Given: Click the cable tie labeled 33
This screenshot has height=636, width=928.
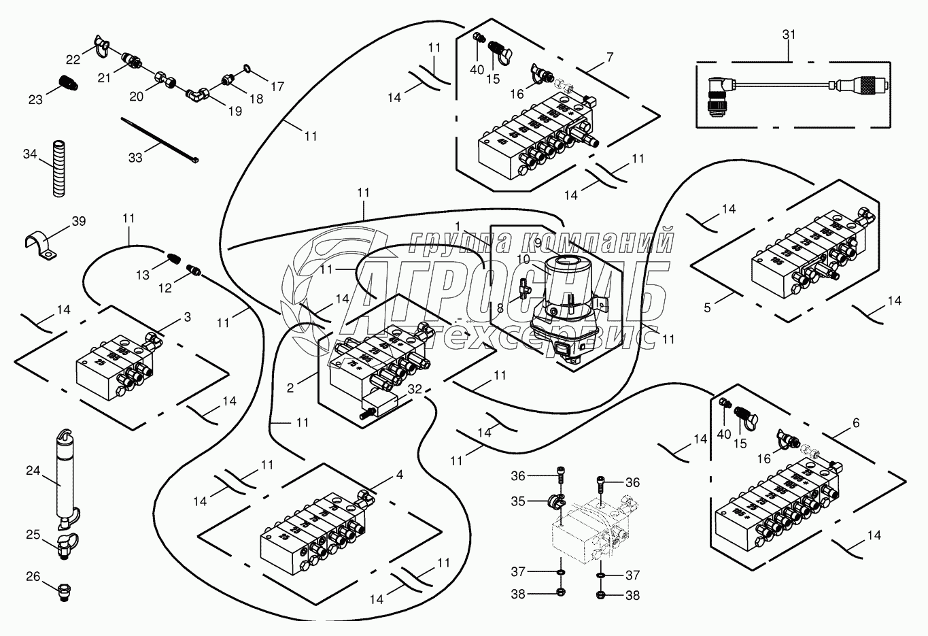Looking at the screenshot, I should [160, 141].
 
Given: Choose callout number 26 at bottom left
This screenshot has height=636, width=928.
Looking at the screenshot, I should [33, 578].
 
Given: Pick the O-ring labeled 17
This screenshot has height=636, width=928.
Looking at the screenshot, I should [245, 69].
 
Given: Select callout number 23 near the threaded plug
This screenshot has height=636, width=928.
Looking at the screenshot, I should [35, 99].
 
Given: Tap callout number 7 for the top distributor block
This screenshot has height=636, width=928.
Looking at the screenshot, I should [610, 57].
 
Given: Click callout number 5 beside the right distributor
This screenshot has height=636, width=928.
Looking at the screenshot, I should [707, 307].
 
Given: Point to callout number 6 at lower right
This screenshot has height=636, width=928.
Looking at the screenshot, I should [855, 423].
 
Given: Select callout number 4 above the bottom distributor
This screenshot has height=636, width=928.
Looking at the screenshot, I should [400, 475].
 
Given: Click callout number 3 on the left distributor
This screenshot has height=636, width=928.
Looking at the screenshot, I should [187, 317].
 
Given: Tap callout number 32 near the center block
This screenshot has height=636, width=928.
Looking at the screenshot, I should [416, 390].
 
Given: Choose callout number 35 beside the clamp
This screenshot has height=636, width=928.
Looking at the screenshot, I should [519, 501].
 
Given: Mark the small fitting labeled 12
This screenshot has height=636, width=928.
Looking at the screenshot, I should [194, 271].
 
